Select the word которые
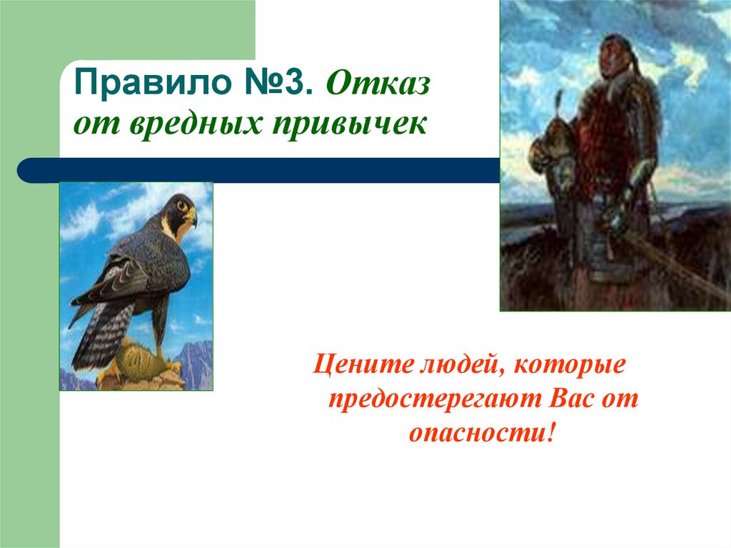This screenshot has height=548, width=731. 568,366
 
